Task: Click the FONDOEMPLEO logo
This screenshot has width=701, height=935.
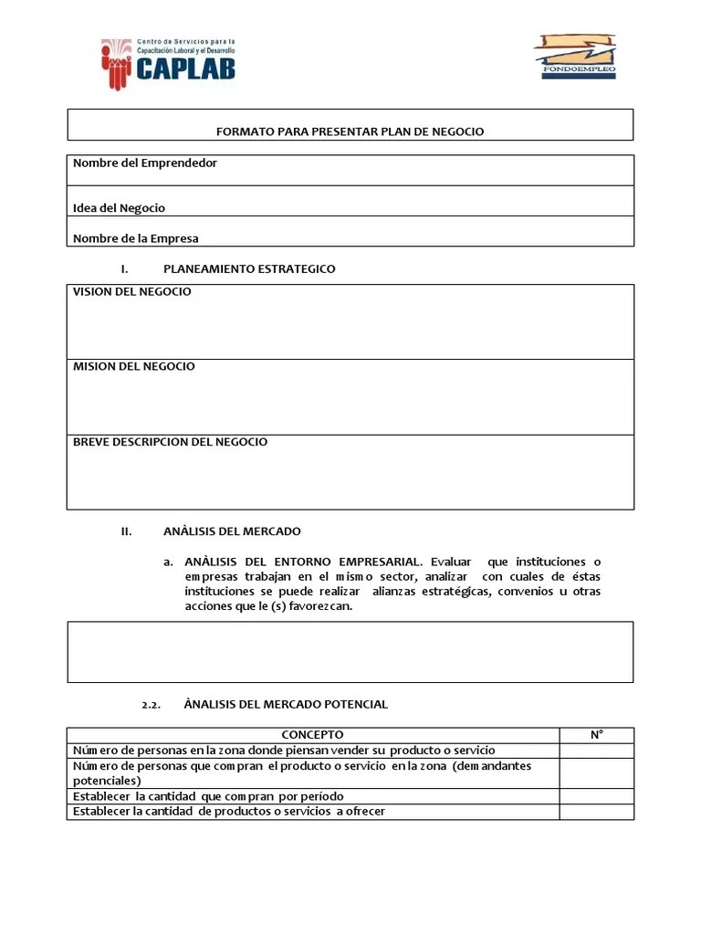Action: click(x=574, y=57)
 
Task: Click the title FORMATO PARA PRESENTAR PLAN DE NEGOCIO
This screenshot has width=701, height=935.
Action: click(x=350, y=131)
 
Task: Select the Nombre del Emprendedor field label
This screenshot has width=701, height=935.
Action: click(x=145, y=163)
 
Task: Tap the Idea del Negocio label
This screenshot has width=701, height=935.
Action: click(x=119, y=208)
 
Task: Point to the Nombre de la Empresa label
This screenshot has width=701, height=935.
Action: click(x=135, y=238)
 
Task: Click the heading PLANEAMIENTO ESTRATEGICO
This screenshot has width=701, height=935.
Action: click(x=249, y=269)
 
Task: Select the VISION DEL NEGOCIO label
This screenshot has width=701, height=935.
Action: click(x=132, y=292)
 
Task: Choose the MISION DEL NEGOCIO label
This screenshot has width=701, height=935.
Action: click(x=134, y=367)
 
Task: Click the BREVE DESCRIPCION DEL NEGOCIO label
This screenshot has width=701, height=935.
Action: click(x=171, y=442)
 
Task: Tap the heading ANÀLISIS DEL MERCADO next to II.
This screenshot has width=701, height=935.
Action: click(x=232, y=531)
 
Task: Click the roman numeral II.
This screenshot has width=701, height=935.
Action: click(x=127, y=531)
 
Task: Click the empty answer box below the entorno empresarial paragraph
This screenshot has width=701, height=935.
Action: click(x=350, y=652)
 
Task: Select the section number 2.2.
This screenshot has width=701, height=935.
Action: click(x=152, y=705)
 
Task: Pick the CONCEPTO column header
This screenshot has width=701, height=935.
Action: click(x=312, y=735)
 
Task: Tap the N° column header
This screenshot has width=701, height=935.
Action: click(x=596, y=735)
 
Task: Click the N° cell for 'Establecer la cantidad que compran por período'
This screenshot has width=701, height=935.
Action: click(x=596, y=797)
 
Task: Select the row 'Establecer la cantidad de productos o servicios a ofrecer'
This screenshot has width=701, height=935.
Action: click(x=229, y=812)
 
